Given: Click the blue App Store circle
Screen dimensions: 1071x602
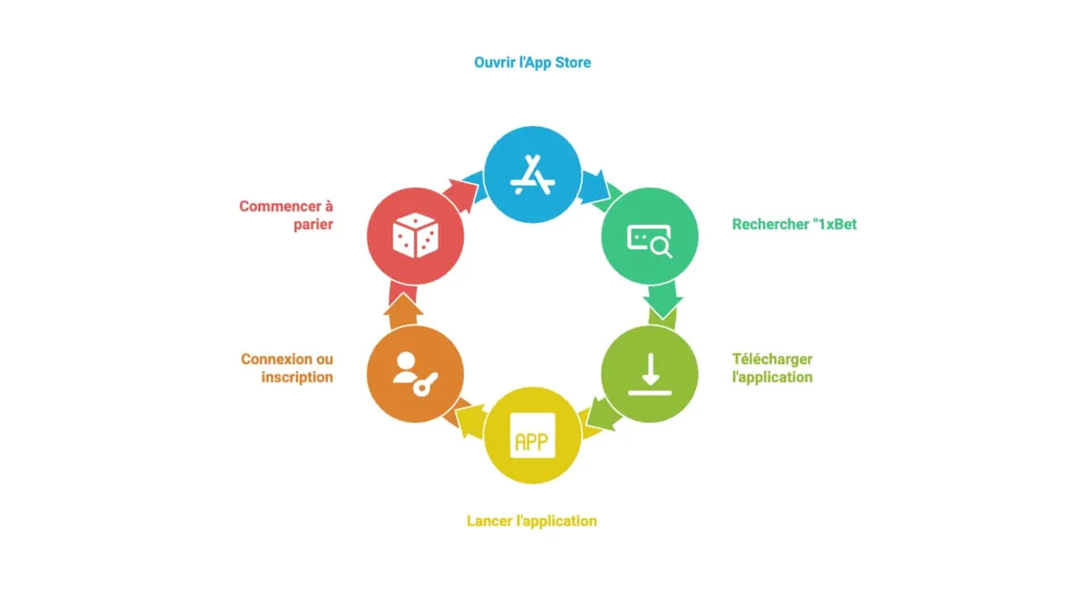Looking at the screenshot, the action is coord(532,175).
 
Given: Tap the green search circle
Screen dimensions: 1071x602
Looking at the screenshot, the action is coord(650,236).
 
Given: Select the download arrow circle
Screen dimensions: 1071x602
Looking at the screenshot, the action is coord(650,374).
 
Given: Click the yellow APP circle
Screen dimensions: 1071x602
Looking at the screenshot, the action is coord(532,435).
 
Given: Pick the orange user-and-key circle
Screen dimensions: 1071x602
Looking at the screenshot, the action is coord(415,374).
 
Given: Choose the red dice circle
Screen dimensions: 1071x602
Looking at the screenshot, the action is coord(415,236).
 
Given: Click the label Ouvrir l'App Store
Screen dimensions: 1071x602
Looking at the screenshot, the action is coord(532,62).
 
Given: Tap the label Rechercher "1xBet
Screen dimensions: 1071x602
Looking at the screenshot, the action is coord(794,224).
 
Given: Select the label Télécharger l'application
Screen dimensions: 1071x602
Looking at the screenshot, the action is coord(772,367).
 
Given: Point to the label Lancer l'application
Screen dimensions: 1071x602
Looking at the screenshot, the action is coord(532,521).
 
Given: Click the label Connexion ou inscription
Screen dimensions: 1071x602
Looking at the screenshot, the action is coord(286,367).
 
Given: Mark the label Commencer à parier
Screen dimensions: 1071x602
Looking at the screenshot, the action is coord(286,215).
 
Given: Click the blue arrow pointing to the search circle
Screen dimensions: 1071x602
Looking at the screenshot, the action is coord(594,186).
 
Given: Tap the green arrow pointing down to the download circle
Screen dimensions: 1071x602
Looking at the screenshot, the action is coord(662,300).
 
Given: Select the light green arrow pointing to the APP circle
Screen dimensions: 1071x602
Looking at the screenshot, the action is coord(603,413).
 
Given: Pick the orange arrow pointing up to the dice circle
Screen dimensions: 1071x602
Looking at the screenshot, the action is coord(403,310).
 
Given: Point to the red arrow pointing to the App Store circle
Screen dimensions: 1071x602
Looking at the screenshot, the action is coord(461,195).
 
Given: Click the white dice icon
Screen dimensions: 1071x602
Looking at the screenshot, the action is coord(415,235).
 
